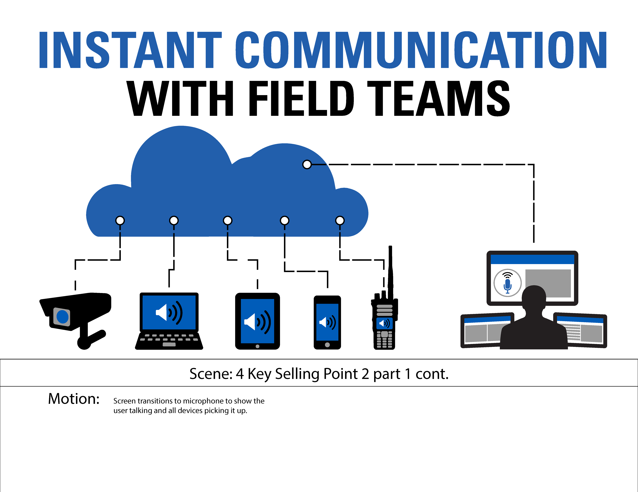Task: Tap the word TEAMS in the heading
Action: (438, 98)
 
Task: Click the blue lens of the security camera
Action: (62, 317)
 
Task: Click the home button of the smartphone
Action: (327, 345)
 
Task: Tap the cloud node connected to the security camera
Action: (120, 220)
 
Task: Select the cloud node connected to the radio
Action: (340, 220)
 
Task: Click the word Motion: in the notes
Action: (74, 399)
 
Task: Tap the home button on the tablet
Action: (257, 346)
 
